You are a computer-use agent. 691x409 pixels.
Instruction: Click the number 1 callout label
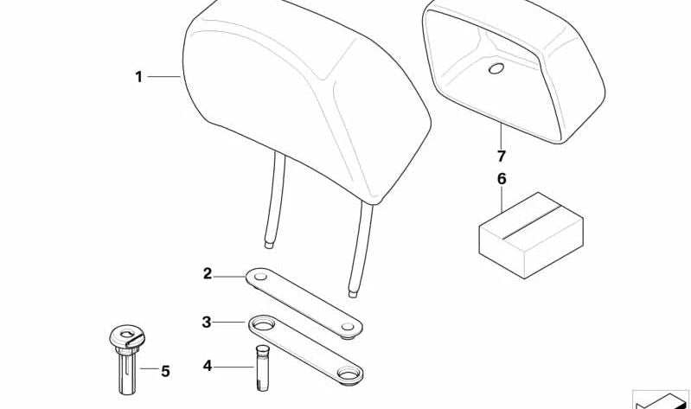pyautogui.click(x=138, y=77)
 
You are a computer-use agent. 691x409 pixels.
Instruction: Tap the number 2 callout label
pyautogui.click(x=208, y=274)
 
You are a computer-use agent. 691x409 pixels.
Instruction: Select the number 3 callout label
pyautogui.click(x=207, y=323)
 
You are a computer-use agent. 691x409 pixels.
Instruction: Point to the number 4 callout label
pyautogui.click(x=207, y=366)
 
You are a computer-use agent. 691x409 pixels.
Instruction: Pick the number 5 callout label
pyautogui.click(x=165, y=372)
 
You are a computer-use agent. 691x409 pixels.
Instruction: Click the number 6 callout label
pyautogui.click(x=502, y=179)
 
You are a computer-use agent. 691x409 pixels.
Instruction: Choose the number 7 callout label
pyautogui.click(x=501, y=156)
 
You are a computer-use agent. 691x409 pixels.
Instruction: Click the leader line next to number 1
pyautogui.click(x=163, y=77)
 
